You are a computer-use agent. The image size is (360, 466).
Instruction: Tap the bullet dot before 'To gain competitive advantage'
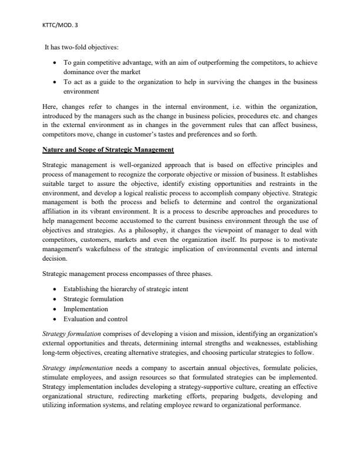[55, 62]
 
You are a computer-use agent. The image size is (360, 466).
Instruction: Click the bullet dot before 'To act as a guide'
[55, 82]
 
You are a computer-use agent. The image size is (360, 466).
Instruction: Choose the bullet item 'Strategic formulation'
[94, 299]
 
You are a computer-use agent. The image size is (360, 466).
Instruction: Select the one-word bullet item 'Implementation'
[85, 308]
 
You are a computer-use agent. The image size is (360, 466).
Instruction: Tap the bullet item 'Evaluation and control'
[95, 318]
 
